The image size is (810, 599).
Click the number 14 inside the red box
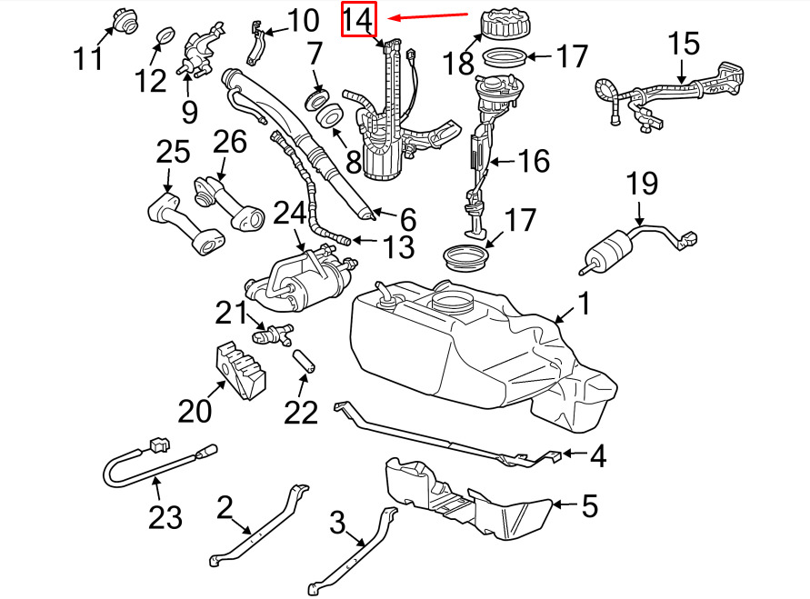pos(358,20)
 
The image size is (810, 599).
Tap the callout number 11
pos(89,58)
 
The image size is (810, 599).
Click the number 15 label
pos(685,44)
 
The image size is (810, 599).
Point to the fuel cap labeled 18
pos(506,24)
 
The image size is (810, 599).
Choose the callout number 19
pos(642,184)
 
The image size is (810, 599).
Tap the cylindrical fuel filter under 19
pos(607,250)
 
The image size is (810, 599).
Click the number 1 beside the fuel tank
pos(584,303)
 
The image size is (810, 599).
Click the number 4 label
pos(597,456)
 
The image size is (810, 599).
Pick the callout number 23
pos(165,517)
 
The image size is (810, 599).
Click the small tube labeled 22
pos(305,362)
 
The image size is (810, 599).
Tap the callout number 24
pos(289,213)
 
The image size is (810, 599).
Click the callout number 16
pos(534,161)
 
